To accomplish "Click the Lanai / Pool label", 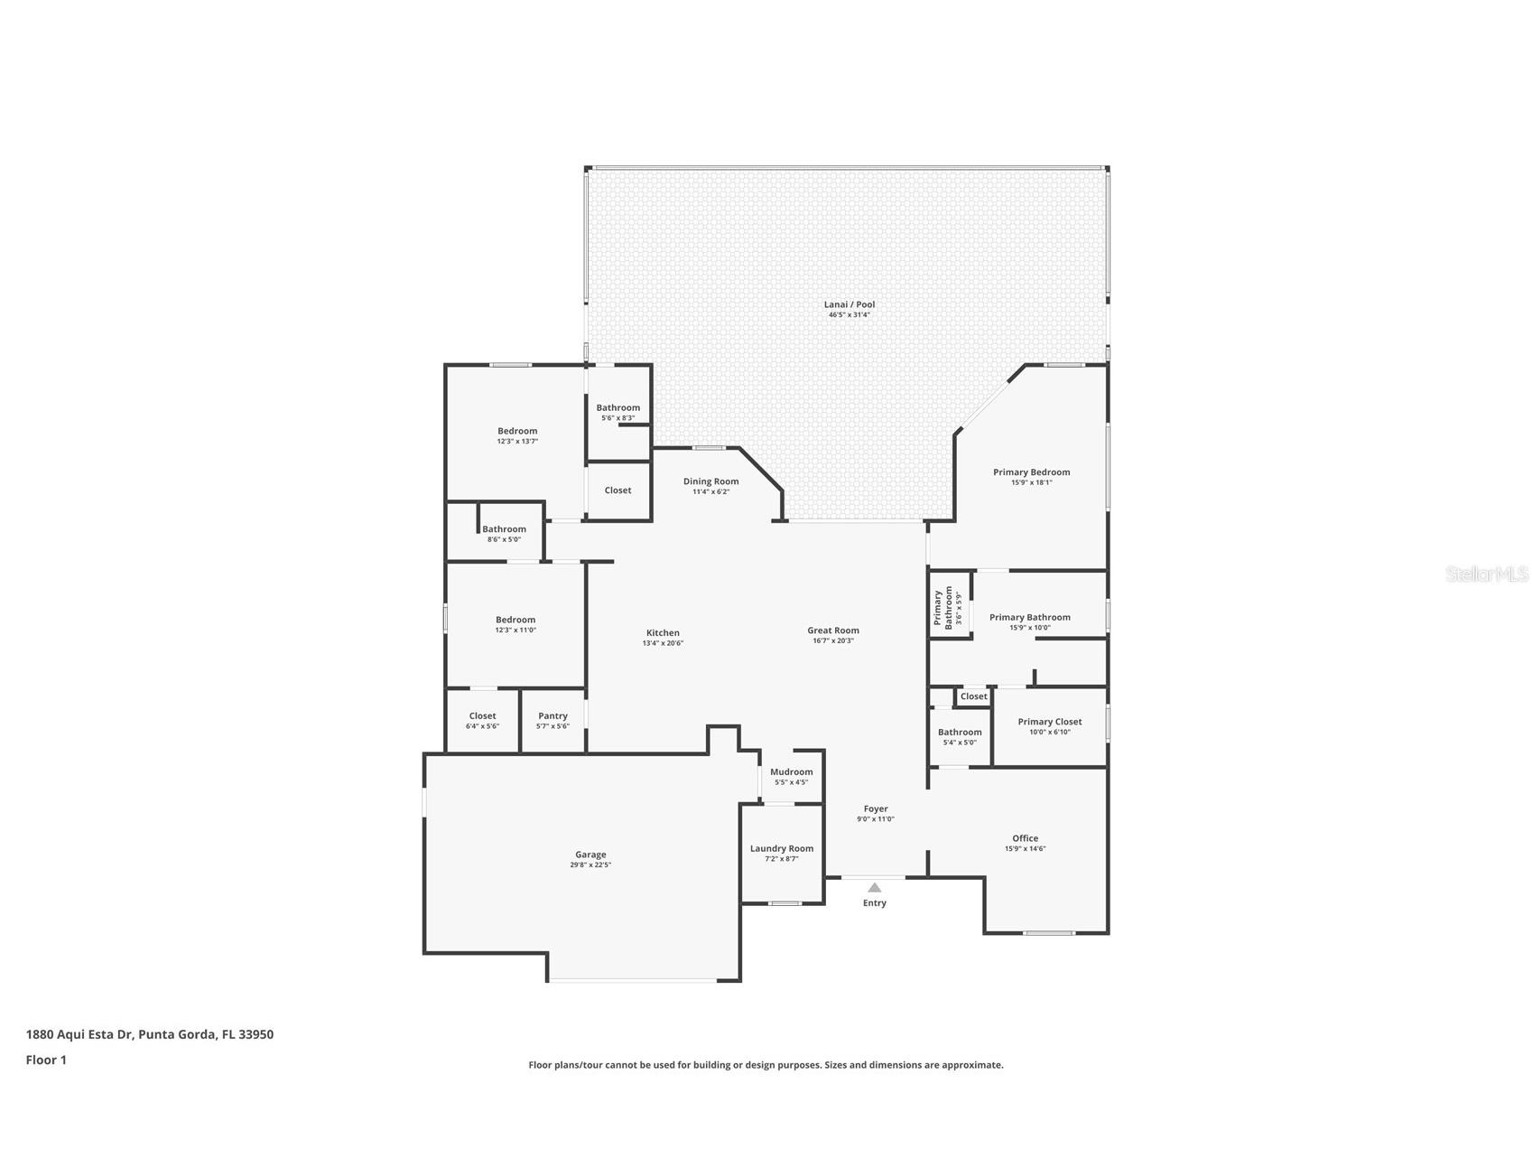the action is coord(849,304).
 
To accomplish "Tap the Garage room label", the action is coord(590,855).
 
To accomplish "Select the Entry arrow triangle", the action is coord(874,887).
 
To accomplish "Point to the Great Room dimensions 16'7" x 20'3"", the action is coord(832,641).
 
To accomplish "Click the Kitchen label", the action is coord(663,633).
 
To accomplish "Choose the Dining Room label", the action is coord(710,481).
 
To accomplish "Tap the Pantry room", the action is coord(552,720).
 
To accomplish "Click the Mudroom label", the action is coord(791,772).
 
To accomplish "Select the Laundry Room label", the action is coord(782,849).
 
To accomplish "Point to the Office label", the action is coord(1025,838).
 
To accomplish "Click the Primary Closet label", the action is coord(1049,722).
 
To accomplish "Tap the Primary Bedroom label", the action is coord(1031,472).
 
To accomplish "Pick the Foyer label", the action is coord(876,809).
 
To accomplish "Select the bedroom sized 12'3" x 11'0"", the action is coord(515,624).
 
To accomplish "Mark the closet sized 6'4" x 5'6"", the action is coord(482,720).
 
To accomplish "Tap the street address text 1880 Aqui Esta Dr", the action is coord(80,1034).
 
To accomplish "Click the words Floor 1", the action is coord(46,1060).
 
